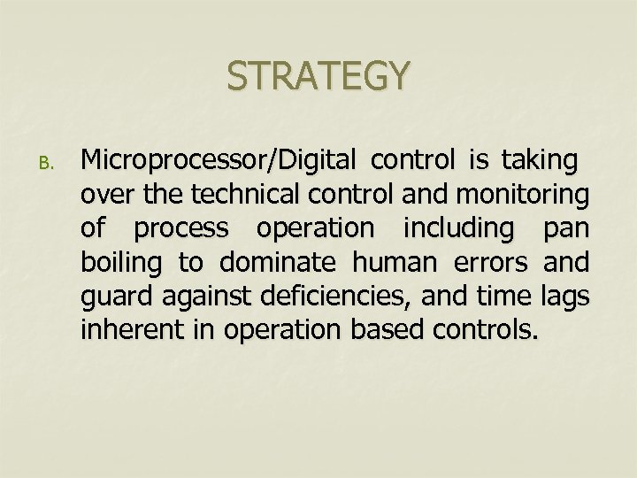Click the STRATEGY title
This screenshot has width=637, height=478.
318,75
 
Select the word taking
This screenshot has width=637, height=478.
540,162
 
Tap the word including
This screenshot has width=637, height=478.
458,229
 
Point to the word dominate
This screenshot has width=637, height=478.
280,262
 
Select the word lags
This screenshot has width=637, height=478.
563,296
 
